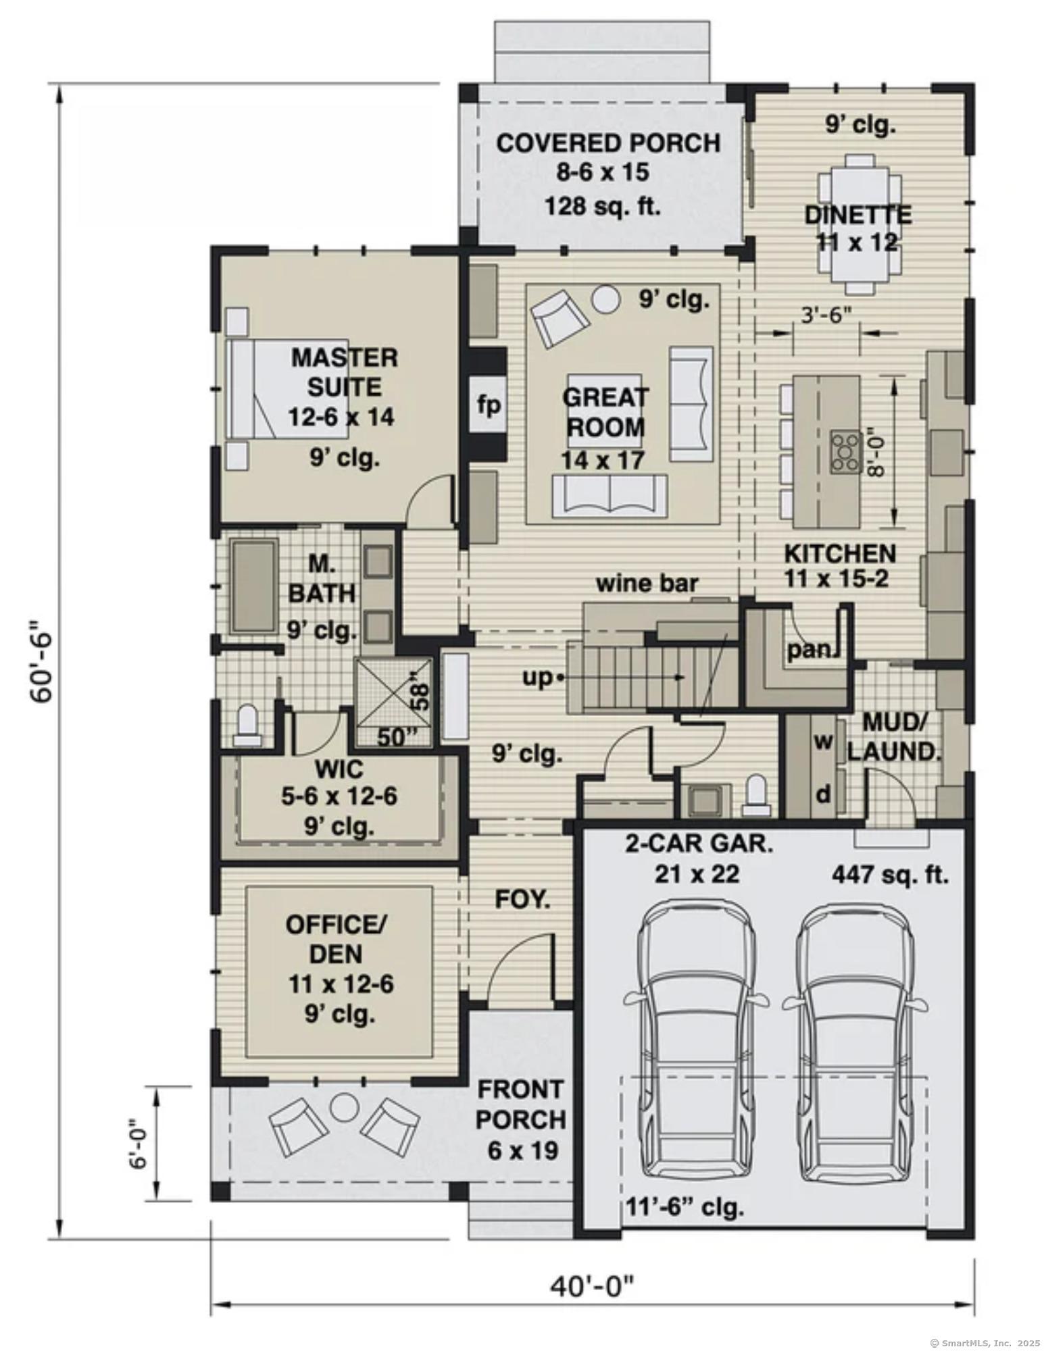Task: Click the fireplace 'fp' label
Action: click(489, 405)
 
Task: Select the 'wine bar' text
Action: click(647, 582)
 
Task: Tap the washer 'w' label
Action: click(822, 742)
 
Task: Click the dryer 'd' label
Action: click(822, 795)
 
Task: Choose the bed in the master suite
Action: click(287, 389)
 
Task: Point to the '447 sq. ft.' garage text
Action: click(890, 875)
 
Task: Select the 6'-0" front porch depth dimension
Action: click(139, 1142)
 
